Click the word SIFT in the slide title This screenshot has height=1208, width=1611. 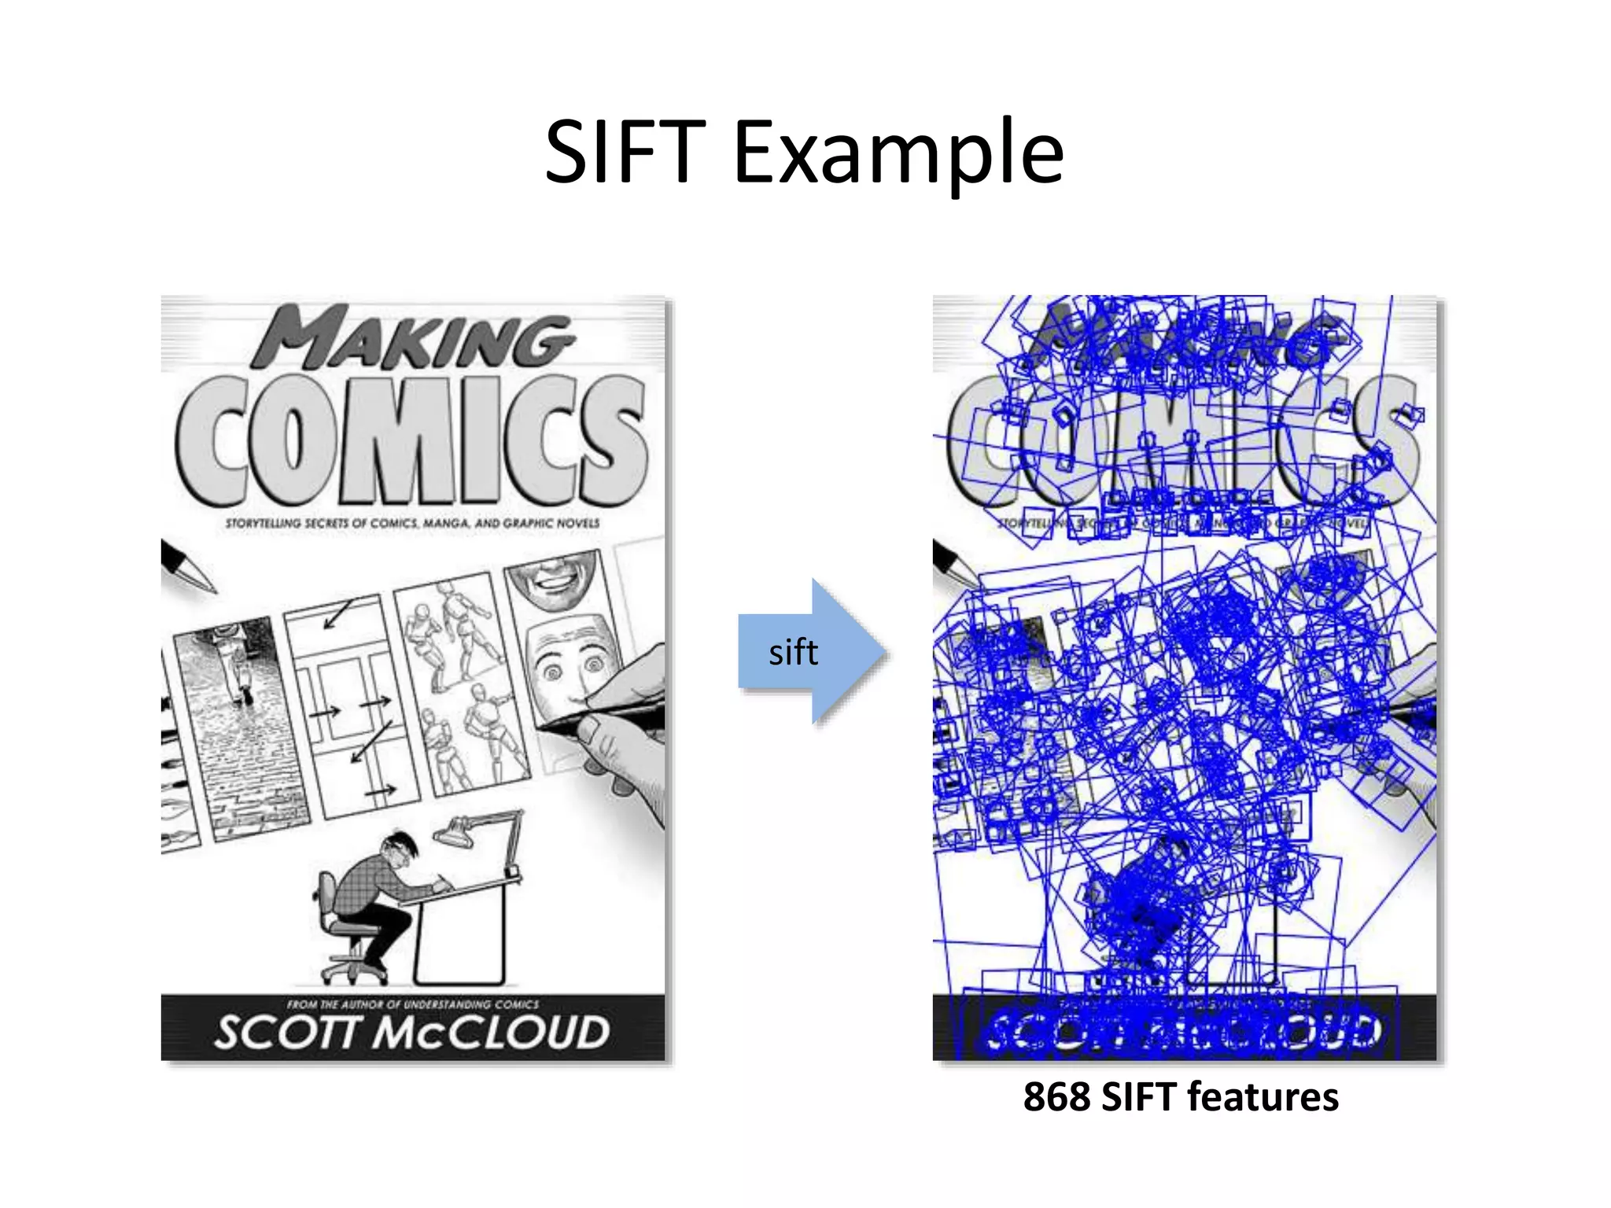(x=625, y=152)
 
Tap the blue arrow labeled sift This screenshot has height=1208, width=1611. (x=810, y=652)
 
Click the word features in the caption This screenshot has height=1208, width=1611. (x=1262, y=1097)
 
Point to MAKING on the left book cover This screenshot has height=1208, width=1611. (x=412, y=338)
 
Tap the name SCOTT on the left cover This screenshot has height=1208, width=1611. (x=288, y=1033)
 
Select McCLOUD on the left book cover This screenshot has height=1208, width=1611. (x=491, y=1033)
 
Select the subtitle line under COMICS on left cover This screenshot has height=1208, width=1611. (x=412, y=523)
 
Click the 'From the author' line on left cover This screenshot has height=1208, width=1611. (x=412, y=1004)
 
